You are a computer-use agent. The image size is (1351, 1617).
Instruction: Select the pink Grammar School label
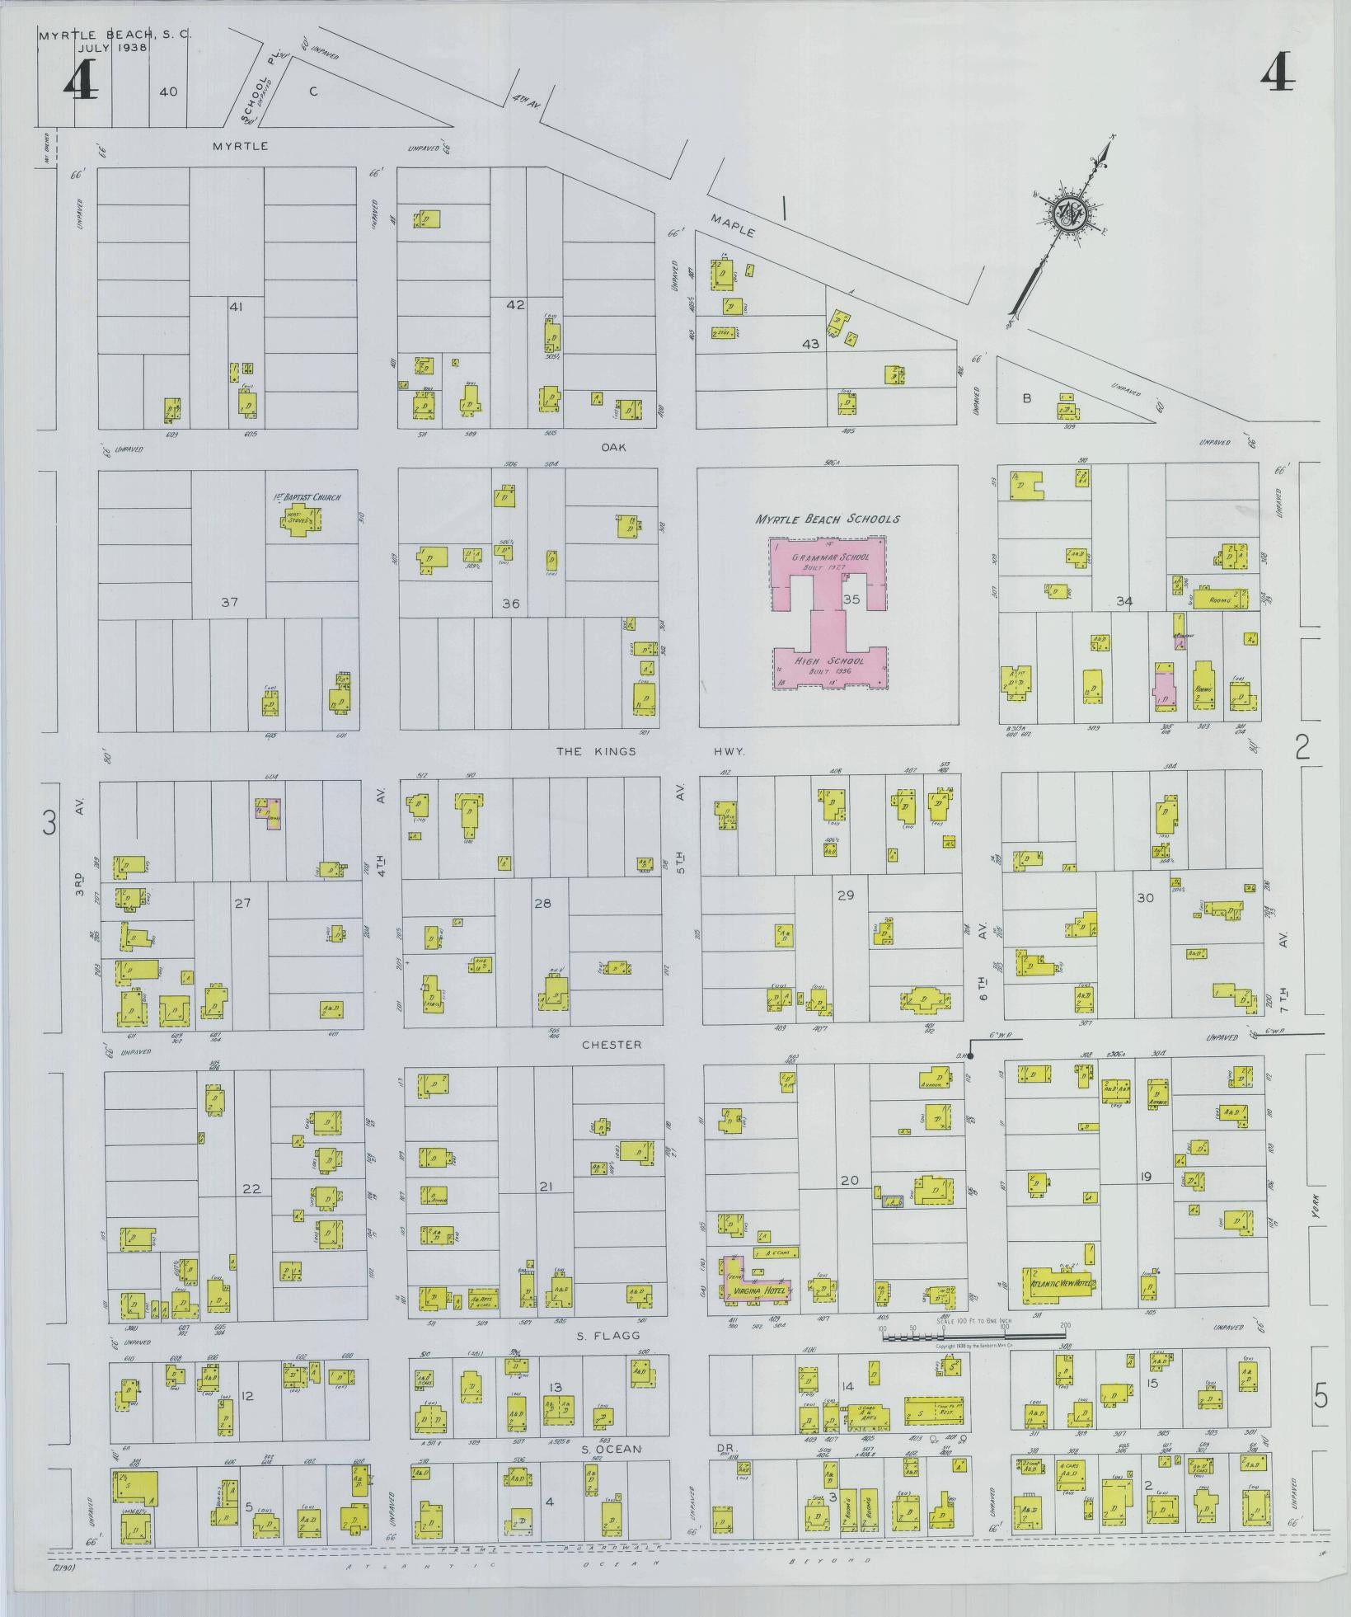830,557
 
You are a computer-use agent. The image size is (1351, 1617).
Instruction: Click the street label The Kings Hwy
650,751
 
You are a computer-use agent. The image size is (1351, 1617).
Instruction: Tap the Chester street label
611,1045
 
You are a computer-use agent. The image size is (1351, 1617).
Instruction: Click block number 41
236,307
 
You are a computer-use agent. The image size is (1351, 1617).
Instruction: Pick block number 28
542,904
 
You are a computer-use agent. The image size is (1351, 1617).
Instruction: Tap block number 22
251,1188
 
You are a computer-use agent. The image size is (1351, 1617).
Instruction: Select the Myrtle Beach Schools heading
828,519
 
